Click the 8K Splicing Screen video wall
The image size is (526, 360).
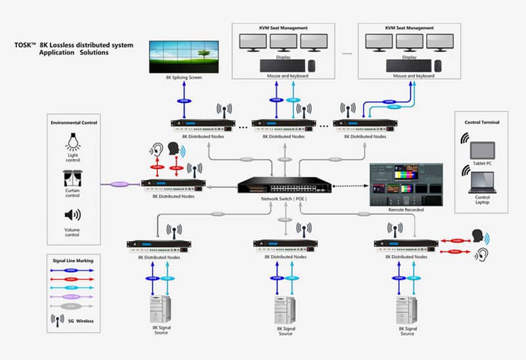pyautogui.click(x=183, y=56)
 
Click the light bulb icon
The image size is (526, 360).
pyautogui.click(x=73, y=141)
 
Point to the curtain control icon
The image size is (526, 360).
pyautogui.click(x=73, y=178)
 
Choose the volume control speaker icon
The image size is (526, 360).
pyautogui.click(x=73, y=215)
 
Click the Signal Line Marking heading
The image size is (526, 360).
pyautogui.click(x=72, y=261)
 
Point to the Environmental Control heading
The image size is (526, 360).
pyautogui.click(x=73, y=122)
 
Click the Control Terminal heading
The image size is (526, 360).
pyautogui.click(x=482, y=122)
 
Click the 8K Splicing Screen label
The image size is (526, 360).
pyautogui.click(x=183, y=78)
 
